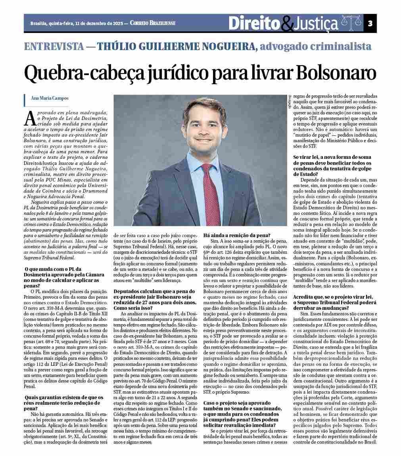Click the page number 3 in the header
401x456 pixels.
click(x=370, y=23)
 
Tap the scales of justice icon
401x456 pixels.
click(x=351, y=23)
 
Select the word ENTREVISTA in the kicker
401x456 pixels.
click(x=54, y=46)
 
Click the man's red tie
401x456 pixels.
click(x=212, y=191)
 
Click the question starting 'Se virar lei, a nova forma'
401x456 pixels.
click(x=332, y=165)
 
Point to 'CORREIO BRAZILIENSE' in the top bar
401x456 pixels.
click(x=152, y=23)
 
